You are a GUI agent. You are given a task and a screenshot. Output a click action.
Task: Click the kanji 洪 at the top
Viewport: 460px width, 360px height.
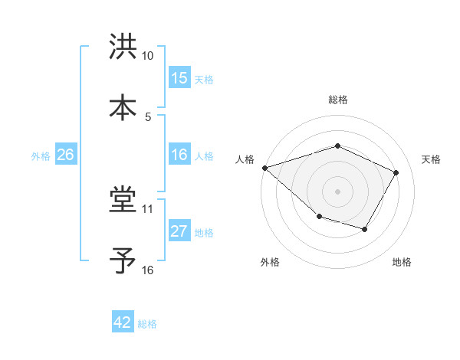click(123, 48)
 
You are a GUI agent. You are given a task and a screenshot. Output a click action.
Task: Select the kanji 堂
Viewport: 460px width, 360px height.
click(123, 201)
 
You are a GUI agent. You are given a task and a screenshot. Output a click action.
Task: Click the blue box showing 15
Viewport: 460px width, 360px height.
click(179, 78)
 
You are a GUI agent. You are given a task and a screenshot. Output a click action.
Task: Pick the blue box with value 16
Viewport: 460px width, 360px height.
click(179, 155)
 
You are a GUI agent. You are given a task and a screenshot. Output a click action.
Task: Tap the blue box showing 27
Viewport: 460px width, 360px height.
click(179, 231)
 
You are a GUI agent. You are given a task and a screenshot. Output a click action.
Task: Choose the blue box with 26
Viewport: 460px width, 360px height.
click(66, 155)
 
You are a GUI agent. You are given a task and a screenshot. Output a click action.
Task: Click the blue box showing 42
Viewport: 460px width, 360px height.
click(123, 322)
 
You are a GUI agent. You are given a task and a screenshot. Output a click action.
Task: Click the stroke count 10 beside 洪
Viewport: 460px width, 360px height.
click(148, 56)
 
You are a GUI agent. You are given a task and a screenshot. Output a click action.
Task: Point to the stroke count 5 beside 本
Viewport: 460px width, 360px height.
click(148, 116)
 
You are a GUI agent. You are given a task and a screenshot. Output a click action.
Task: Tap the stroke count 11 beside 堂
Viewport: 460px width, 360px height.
click(148, 208)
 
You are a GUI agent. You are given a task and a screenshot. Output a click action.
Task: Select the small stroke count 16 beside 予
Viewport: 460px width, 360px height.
click(148, 270)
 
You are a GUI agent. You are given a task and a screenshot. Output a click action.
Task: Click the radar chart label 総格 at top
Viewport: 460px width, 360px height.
click(337, 100)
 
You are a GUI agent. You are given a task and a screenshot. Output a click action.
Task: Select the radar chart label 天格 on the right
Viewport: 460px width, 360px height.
click(431, 159)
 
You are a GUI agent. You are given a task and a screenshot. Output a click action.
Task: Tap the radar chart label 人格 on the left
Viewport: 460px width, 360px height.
click(245, 159)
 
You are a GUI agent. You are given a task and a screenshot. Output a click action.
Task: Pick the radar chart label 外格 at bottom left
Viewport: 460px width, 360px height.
click(270, 263)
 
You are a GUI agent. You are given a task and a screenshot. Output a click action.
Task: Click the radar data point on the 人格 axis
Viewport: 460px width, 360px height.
click(264, 167)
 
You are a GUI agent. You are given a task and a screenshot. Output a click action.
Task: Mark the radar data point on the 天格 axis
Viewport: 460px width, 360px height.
click(396, 172)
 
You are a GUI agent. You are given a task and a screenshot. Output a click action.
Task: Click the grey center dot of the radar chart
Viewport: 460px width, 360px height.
click(337, 191)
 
